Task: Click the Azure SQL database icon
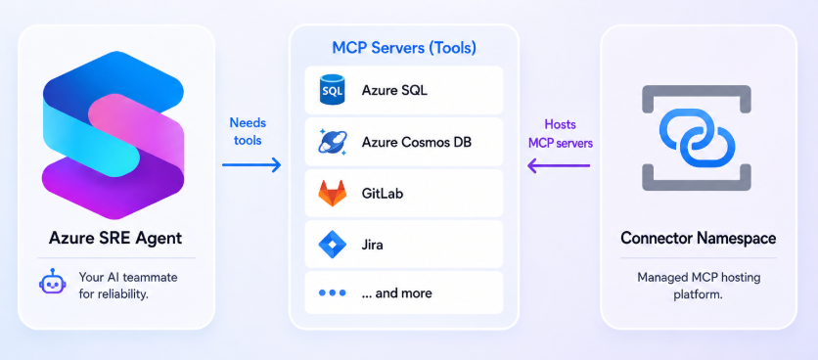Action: (333, 90)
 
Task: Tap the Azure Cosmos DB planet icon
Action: (332, 142)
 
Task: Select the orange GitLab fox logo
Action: (333, 193)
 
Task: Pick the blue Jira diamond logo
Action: (333, 245)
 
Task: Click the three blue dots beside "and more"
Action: (333, 293)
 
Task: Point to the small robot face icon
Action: (52, 283)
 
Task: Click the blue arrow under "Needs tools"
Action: (251, 165)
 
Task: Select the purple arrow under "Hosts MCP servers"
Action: (559, 166)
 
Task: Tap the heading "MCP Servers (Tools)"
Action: (404, 49)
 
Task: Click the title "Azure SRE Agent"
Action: (115, 239)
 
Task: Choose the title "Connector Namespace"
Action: (698, 239)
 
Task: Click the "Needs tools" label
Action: (248, 131)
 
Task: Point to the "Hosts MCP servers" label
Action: (561, 134)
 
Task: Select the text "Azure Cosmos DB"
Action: (416, 142)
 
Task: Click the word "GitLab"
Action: (382, 194)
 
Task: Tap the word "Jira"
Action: (372, 245)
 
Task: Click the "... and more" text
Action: (396, 293)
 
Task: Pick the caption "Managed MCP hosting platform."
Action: (698, 285)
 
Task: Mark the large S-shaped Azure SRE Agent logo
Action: (113, 135)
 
